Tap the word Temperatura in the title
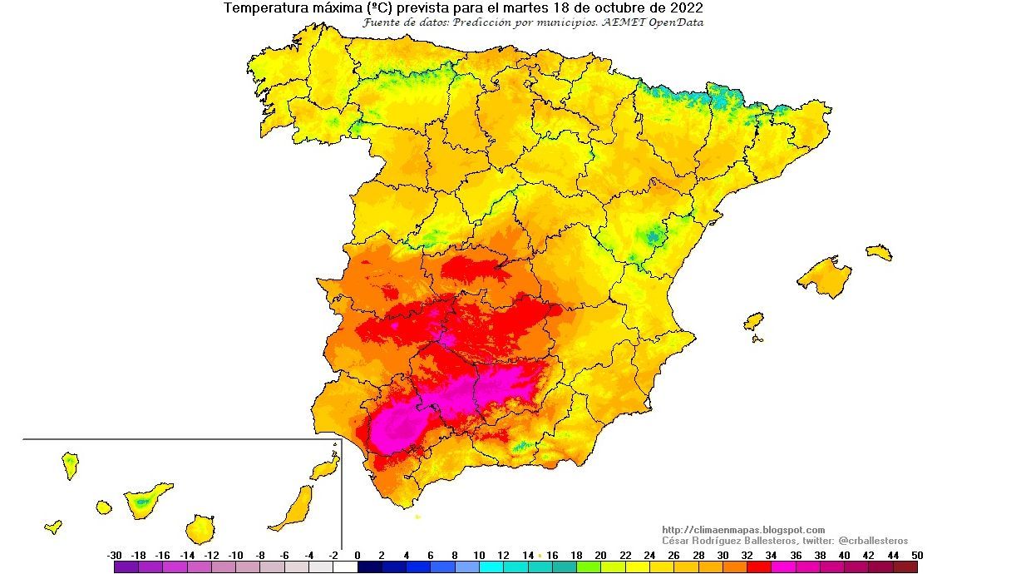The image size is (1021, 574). click(264, 8)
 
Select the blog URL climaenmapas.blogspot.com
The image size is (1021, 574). click(743, 530)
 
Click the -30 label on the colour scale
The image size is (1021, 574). click(115, 556)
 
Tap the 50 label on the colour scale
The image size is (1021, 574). click(916, 556)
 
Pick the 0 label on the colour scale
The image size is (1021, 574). click(358, 556)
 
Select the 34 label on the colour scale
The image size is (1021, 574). click(771, 556)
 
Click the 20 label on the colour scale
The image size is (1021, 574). click(600, 556)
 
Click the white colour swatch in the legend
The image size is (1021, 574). click(345, 567)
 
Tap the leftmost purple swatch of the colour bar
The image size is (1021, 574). click(126, 567)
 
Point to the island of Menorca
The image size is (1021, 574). click(879, 252)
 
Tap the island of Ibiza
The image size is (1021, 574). click(753, 321)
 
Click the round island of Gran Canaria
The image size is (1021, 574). click(200, 528)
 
